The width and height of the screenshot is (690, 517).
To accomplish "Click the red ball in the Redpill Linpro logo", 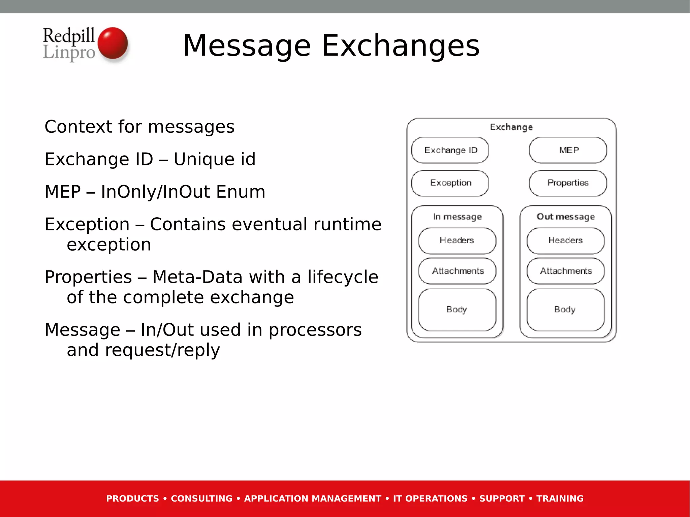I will pos(113,43).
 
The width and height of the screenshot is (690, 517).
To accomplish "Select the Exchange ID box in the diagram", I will pos(450,150).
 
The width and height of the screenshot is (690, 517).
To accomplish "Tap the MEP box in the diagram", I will pos(568,150).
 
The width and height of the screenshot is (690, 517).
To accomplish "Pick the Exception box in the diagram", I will pos(450,183).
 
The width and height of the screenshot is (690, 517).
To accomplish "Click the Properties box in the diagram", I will pos(568,183).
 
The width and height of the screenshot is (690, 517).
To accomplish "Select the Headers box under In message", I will pos(457,240).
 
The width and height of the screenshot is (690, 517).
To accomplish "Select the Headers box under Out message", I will pos(565,240).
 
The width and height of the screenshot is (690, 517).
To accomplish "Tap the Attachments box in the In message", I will pos(457,271).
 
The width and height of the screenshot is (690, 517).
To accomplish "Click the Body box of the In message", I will pos(457,310).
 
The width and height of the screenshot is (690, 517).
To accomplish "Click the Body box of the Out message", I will pos(565,310).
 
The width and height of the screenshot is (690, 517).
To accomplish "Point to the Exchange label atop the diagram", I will pos(511,127).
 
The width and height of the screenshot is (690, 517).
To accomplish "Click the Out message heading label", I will pos(566,217).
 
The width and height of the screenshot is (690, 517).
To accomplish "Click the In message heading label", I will pos(457,217).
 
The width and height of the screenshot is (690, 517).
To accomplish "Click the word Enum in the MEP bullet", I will pos(241,192).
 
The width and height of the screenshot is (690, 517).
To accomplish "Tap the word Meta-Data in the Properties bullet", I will pos(197,277).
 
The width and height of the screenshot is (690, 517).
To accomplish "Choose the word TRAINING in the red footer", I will pos(560,498).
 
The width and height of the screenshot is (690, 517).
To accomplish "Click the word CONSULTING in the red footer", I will pos(201,498).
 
